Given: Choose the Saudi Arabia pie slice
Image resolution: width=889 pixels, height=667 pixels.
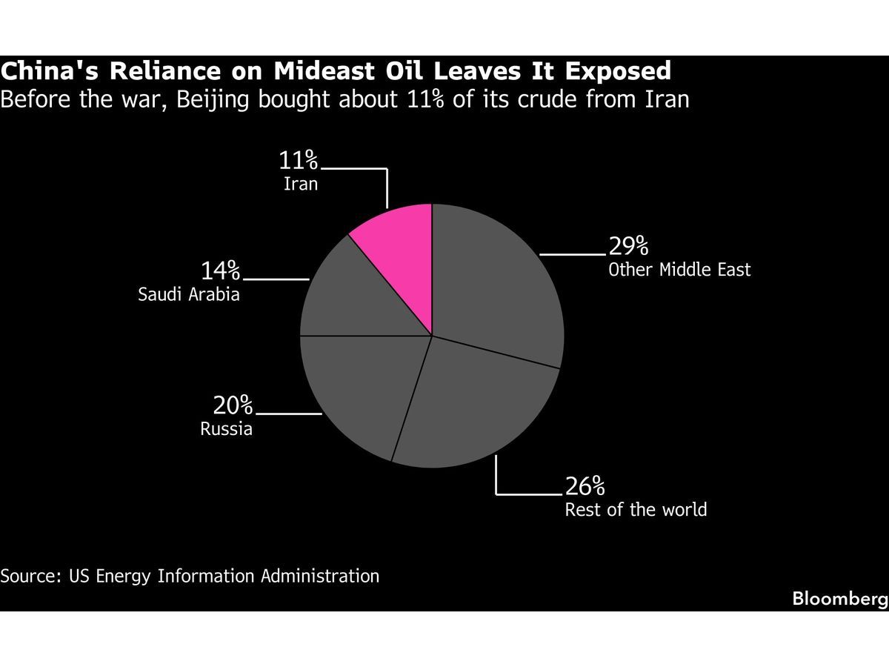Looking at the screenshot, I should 356,296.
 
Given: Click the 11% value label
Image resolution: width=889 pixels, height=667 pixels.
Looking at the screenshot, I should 298,160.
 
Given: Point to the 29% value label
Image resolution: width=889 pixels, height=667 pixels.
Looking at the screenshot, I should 628,246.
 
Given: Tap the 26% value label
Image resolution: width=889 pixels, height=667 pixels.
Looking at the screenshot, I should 585,487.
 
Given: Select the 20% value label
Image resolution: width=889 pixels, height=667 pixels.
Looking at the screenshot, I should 233,406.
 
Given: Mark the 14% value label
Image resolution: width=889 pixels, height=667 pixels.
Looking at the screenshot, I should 220,271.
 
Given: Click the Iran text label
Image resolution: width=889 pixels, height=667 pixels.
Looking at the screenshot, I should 300,183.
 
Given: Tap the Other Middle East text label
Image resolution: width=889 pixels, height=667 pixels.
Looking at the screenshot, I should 679,269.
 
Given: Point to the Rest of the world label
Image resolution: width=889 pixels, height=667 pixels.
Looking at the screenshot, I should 636,510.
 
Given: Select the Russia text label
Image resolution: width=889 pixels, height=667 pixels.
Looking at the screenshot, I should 226,429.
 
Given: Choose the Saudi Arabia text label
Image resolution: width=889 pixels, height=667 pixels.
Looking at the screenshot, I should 189,294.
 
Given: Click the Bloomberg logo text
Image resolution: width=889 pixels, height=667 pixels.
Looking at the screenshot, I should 840,599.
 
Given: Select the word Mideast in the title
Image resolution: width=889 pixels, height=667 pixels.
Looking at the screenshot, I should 329,71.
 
